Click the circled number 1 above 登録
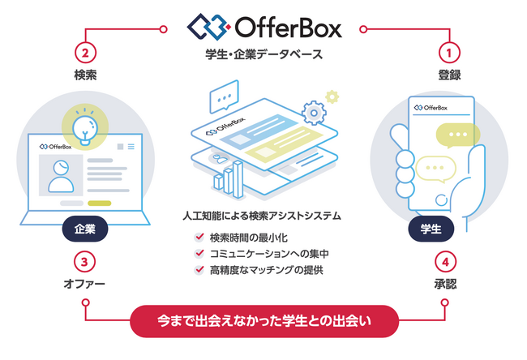449,53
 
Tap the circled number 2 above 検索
85,53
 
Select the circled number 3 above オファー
84,262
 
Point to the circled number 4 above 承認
445,262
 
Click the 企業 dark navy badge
85,229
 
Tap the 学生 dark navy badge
431,229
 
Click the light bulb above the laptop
85,130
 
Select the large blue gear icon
314,113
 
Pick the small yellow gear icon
332,96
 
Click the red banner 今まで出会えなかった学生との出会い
264,321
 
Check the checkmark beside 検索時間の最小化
199,238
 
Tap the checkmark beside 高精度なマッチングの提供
199,269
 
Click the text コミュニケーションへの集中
269,254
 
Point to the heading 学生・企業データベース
264,54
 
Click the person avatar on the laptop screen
61,176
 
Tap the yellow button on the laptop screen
99,203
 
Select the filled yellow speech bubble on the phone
457,135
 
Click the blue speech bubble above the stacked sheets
224,96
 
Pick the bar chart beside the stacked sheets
229,180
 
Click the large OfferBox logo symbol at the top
208,27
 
